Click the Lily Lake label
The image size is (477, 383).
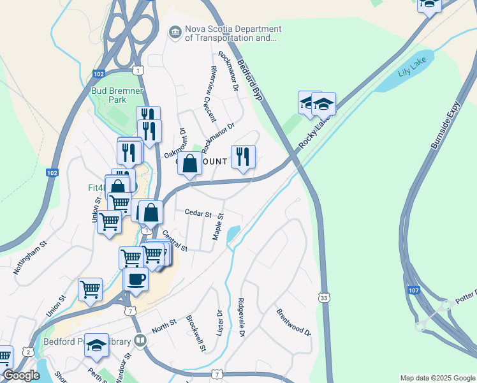411,71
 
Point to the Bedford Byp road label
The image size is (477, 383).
250,80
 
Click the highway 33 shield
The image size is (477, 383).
325,297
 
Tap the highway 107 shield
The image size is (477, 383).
409,290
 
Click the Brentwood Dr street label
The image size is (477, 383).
293,322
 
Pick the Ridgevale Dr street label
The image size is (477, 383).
241,317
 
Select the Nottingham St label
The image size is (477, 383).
30,257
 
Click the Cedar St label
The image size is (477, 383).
198,213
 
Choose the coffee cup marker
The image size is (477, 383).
136,278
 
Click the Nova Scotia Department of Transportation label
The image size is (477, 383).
230,33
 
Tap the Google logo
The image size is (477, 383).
21,376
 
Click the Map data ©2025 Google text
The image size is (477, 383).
437,378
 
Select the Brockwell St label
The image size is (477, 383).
196,333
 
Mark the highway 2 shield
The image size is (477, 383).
28,352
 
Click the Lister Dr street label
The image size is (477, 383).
220,323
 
